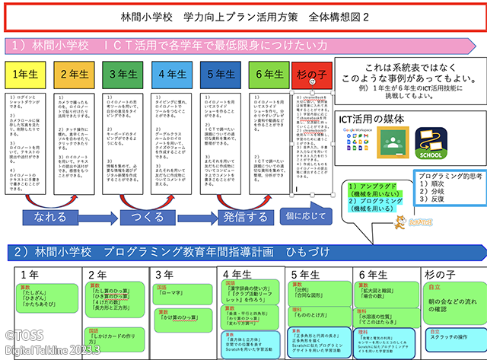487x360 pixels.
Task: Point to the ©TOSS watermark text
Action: coord(24,333)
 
